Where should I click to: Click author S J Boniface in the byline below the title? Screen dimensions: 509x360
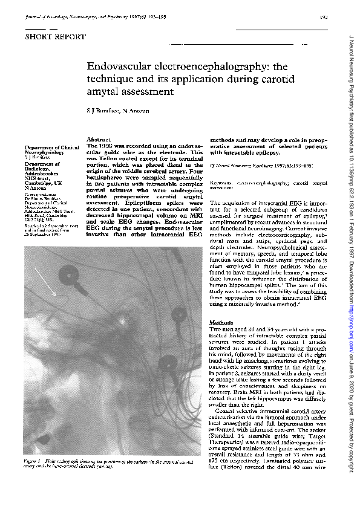[103, 112]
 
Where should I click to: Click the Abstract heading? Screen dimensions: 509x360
[97, 140]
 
